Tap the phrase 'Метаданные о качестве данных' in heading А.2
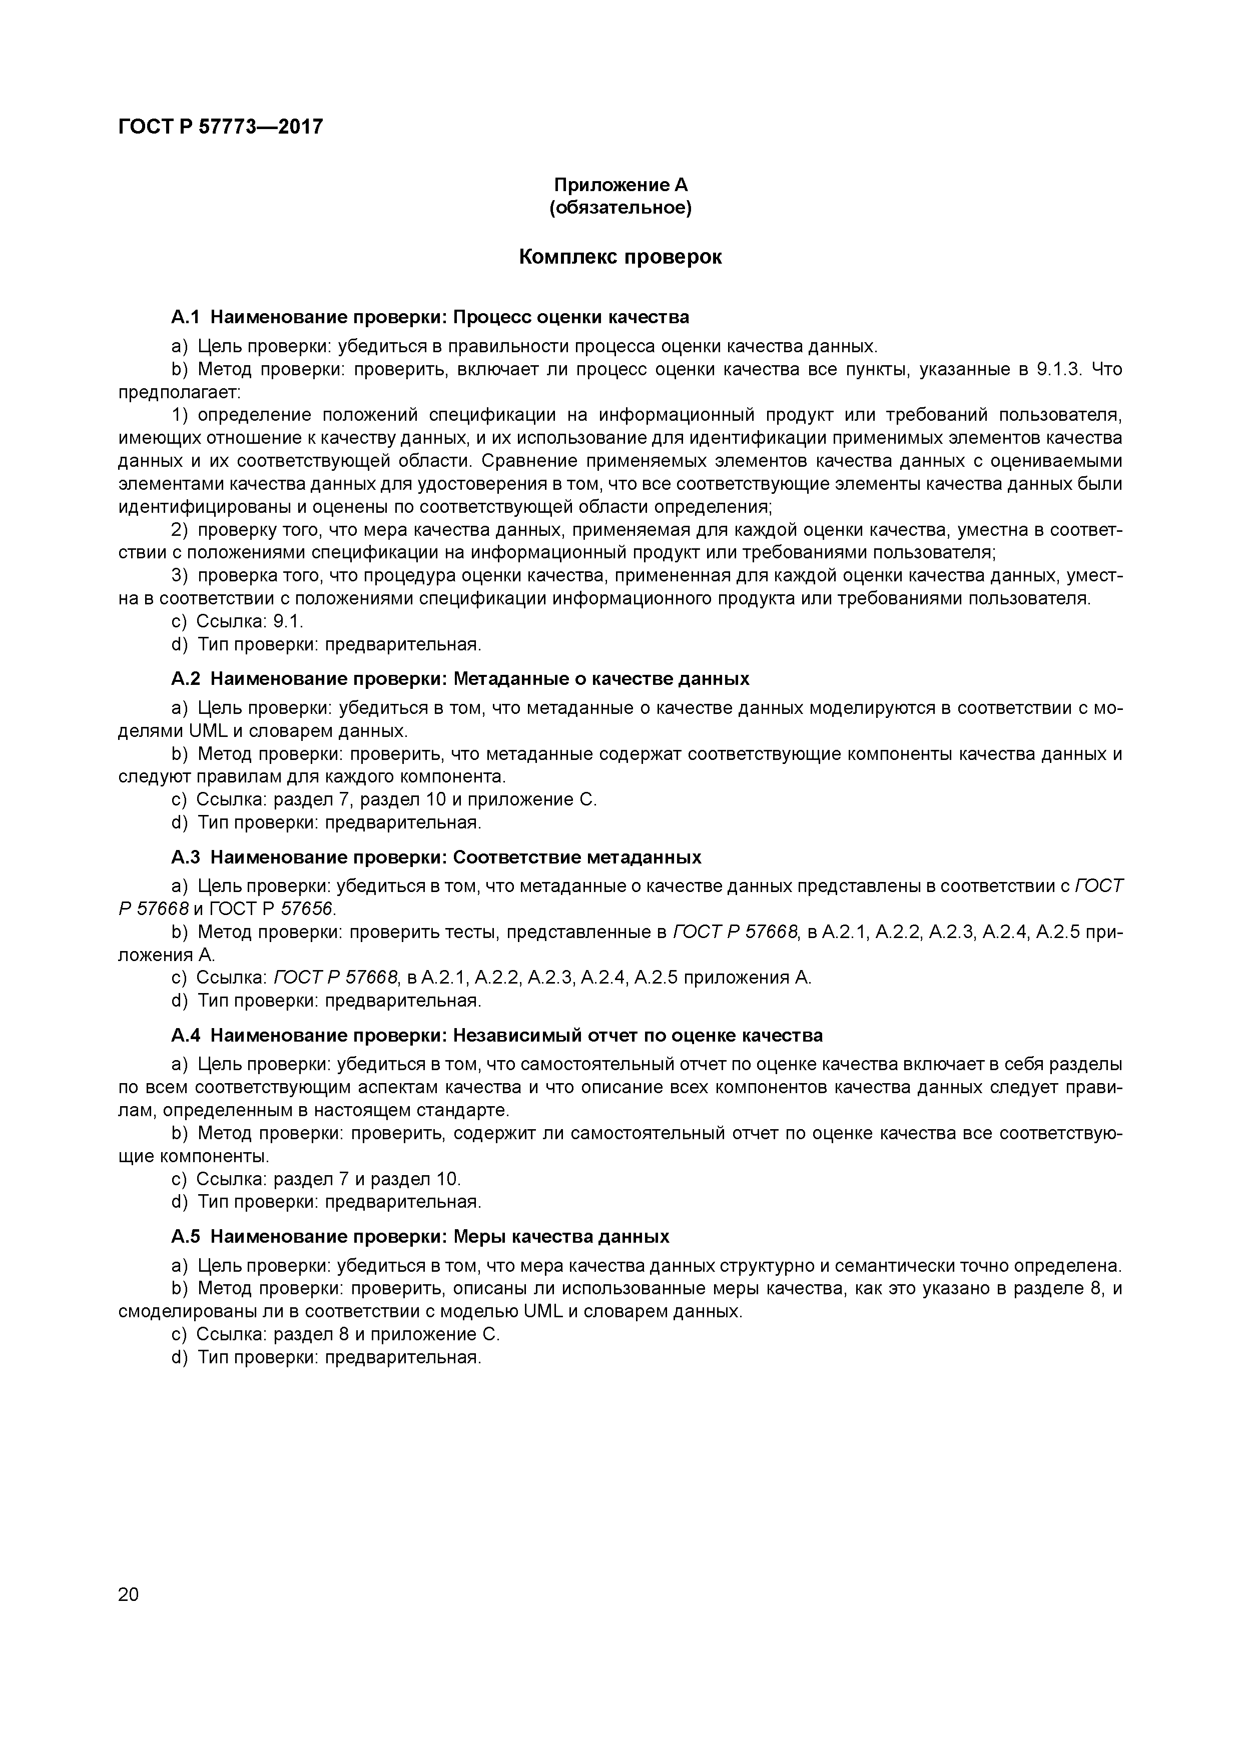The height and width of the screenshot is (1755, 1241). [x=601, y=679]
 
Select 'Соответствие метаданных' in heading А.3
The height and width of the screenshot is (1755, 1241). [x=577, y=857]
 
